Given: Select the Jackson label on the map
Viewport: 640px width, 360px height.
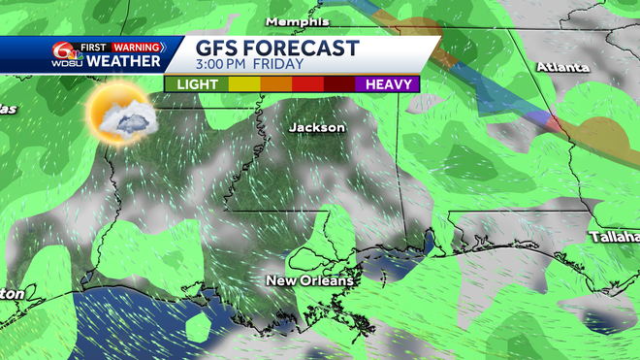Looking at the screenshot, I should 316,127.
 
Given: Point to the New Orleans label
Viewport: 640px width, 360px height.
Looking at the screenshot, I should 310,280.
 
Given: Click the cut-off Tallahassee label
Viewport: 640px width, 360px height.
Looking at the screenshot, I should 615,237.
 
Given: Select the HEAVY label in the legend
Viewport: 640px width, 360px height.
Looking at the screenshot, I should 386,83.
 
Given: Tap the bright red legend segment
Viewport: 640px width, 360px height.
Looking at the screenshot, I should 307,83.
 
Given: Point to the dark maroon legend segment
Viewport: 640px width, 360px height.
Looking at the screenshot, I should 339,83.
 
